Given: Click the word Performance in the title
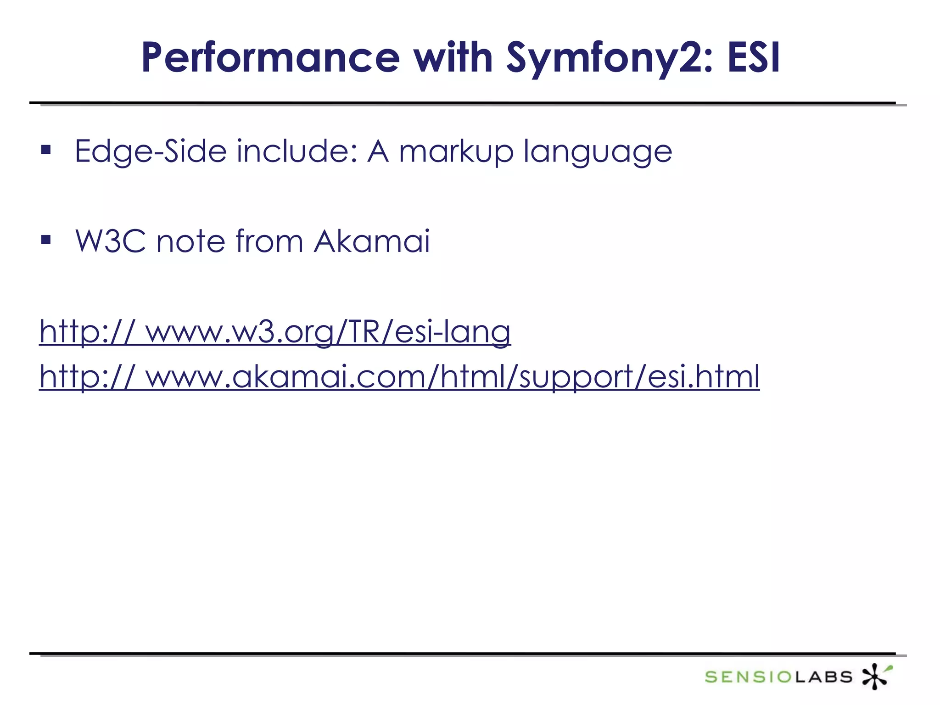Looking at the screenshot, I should (x=271, y=58).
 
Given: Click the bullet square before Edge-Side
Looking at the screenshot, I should (x=46, y=150).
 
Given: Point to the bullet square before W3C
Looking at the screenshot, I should (x=46, y=240).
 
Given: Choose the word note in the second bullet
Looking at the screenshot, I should (x=190, y=241).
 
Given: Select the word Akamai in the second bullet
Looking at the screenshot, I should (x=372, y=241).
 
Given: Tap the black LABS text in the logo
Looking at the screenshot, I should (x=823, y=677).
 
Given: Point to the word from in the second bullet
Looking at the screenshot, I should (x=269, y=241).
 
